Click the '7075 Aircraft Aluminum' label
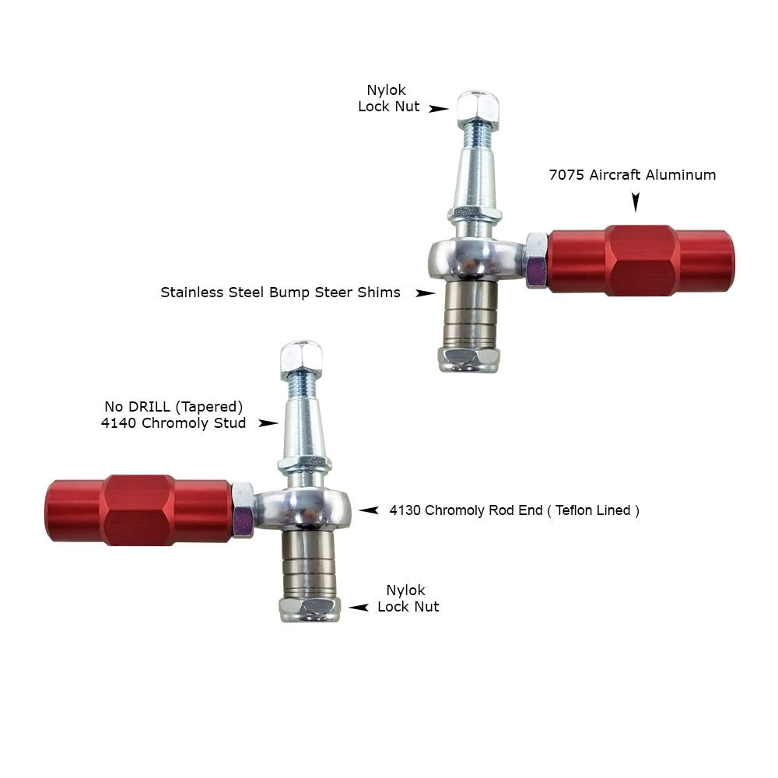(x=632, y=175)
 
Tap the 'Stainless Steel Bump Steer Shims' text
(x=280, y=293)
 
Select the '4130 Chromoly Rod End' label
(x=466, y=510)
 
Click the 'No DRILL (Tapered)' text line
(x=173, y=407)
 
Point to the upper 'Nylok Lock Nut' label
(x=388, y=98)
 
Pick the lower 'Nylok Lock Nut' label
(x=408, y=598)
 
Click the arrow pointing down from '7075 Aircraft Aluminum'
(x=636, y=202)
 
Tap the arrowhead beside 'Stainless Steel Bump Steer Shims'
(x=426, y=293)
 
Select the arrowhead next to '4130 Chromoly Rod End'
(x=369, y=510)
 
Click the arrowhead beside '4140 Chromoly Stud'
(x=268, y=423)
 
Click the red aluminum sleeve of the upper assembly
(x=640, y=261)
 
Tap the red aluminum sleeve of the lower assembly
(x=139, y=510)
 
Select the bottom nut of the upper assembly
(x=469, y=359)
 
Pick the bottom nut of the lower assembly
(x=310, y=609)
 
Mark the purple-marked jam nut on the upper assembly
(x=536, y=261)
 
